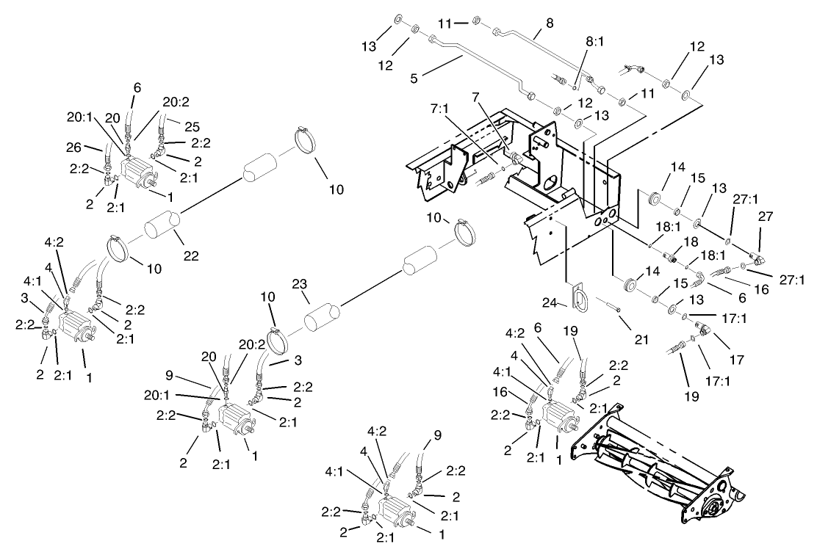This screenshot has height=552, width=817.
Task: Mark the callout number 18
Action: (688, 242)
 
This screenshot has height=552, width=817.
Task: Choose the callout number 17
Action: (735, 360)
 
